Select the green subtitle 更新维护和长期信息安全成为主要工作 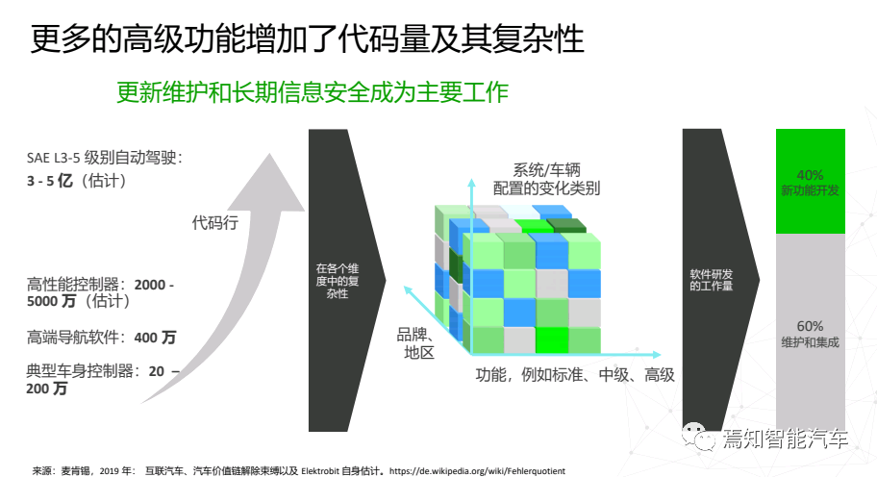tap(312, 92)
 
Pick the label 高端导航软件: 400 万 tap(101, 337)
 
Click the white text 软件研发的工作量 tap(712, 279)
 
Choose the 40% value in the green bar tap(810, 175)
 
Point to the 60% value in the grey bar tap(810, 325)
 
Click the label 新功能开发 tap(810, 191)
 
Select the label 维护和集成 tap(810, 342)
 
